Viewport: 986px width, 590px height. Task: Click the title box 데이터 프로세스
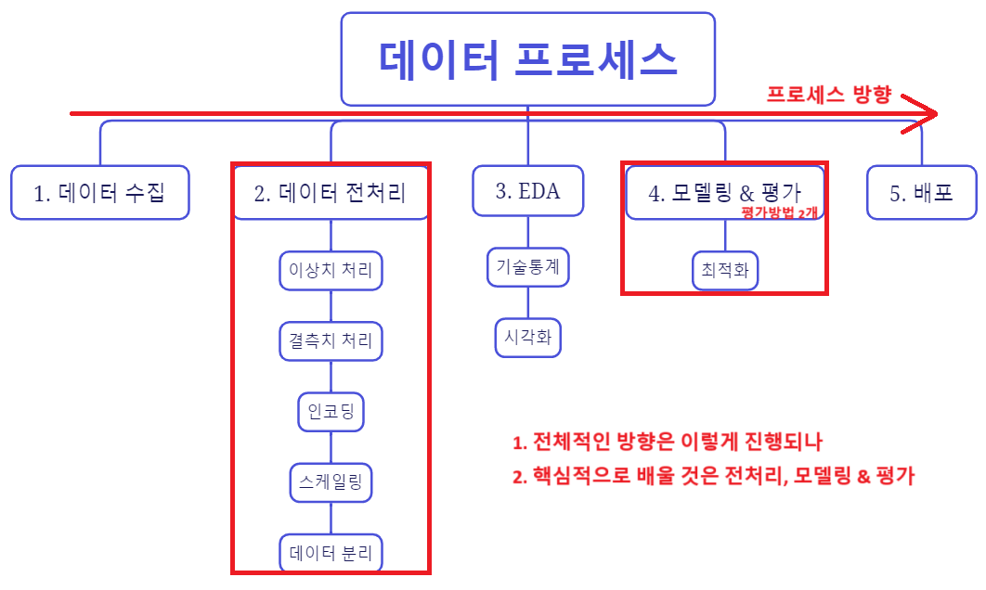pyautogui.click(x=527, y=59)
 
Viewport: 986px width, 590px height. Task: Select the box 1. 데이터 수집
pyautogui.click(x=100, y=192)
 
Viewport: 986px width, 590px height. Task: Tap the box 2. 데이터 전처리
pyautogui.click(x=331, y=192)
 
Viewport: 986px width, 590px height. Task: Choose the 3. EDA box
pyautogui.click(x=527, y=191)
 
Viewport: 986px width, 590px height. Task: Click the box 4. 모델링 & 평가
pyautogui.click(x=725, y=192)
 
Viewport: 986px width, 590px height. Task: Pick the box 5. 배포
pyautogui.click(x=921, y=192)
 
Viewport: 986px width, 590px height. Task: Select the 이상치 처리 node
pyautogui.click(x=331, y=270)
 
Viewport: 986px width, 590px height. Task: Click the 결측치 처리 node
pyautogui.click(x=331, y=341)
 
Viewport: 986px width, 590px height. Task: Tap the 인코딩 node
pyautogui.click(x=331, y=412)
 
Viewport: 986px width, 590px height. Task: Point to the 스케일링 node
pyautogui.click(x=331, y=482)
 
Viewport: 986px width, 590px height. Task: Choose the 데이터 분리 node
pyautogui.click(x=331, y=553)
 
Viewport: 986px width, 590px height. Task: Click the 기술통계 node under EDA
pyautogui.click(x=527, y=267)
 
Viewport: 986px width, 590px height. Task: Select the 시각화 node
pyautogui.click(x=527, y=338)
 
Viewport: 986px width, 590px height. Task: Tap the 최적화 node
pyautogui.click(x=725, y=270)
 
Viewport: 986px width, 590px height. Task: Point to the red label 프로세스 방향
pyautogui.click(x=829, y=95)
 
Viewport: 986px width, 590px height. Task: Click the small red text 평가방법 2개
pyautogui.click(x=780, y=212)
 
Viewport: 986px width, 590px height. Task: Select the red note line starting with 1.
pyautogui.click(x=668, y=442)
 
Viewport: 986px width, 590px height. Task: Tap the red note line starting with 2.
pyautogui.click(x=713, y=476)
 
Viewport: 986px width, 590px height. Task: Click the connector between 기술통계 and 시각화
pyautogui.click(x=527, y=302)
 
